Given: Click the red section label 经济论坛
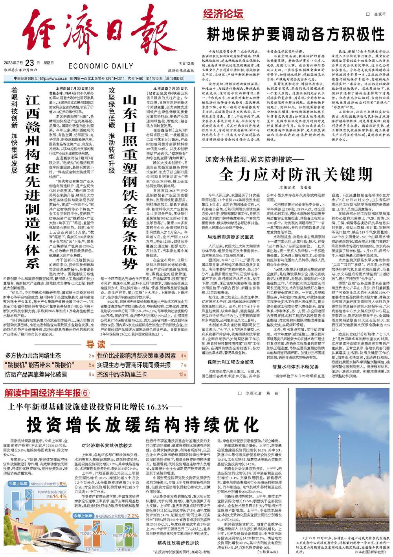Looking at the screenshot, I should tap(223, 15).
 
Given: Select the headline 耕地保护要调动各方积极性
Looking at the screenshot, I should tap(296, 34).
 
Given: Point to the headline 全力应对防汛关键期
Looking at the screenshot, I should tap(295, 173).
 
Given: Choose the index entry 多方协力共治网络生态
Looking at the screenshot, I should tap(33, 356).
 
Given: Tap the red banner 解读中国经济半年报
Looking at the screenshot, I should tap(43, 394).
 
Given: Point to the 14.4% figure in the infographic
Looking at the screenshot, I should tap(57, 496).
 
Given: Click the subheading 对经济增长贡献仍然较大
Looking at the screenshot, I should tap(105, 445).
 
